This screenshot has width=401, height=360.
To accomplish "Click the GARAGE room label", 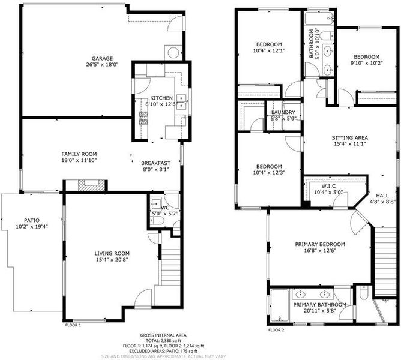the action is pyautogui.click(x=102, y=59).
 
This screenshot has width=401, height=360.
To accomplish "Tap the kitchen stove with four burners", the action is pyautogui.click(x=143, y=118).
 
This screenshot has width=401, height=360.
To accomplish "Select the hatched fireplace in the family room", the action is pyautogui.click(x=92, y=185).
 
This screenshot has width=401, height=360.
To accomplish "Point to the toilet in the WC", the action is pyautogui.click(x=157, y=221).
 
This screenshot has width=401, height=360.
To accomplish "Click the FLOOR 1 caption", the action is pyautogui.click(x=73, y=325).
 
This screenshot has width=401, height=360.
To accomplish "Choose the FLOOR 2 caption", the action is pyautogui.click(x=276, y=330).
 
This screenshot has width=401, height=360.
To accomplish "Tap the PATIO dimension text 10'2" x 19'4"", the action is pyautogui.click(x=32, y=226).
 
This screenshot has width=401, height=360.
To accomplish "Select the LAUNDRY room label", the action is pyautogui.click(x=283, y=112).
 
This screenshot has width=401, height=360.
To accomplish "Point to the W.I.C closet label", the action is pyautogui.click(x=328, y=186).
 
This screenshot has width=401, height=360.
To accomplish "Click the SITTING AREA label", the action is pyautogui.click(x=350, y=137).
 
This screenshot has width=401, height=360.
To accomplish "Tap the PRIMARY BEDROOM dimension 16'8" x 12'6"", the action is pyautogui.click(x=320, y=251).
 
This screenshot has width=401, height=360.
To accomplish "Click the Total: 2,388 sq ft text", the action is pyautogui.click(x=163, y=340).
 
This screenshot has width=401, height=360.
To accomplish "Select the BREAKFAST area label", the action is pyautogui.click(x=155, y=163).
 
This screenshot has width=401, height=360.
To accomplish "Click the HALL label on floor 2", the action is pyautogui.click(x=382, y=196).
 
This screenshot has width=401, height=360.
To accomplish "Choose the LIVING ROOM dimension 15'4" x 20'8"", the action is pyautogui.click(x=112, y=260).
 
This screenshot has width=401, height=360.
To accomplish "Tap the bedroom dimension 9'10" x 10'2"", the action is pyautogui.click(x=366, y=63).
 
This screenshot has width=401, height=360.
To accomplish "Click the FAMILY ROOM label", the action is pyautogui.click(x=79, y=154).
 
